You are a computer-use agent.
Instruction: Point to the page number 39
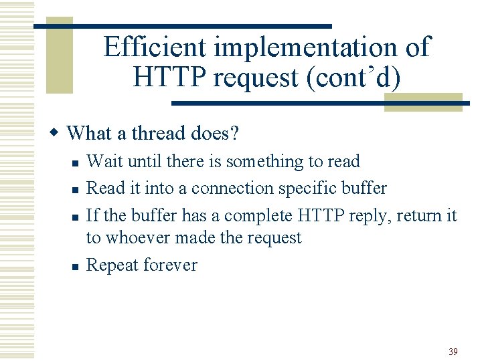[453, 352]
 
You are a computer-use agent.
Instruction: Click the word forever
[171, 265]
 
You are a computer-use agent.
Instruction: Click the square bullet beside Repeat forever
[75, 266]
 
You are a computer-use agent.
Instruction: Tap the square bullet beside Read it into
[75, 190]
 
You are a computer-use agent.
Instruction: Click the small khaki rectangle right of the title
[423, 102]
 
